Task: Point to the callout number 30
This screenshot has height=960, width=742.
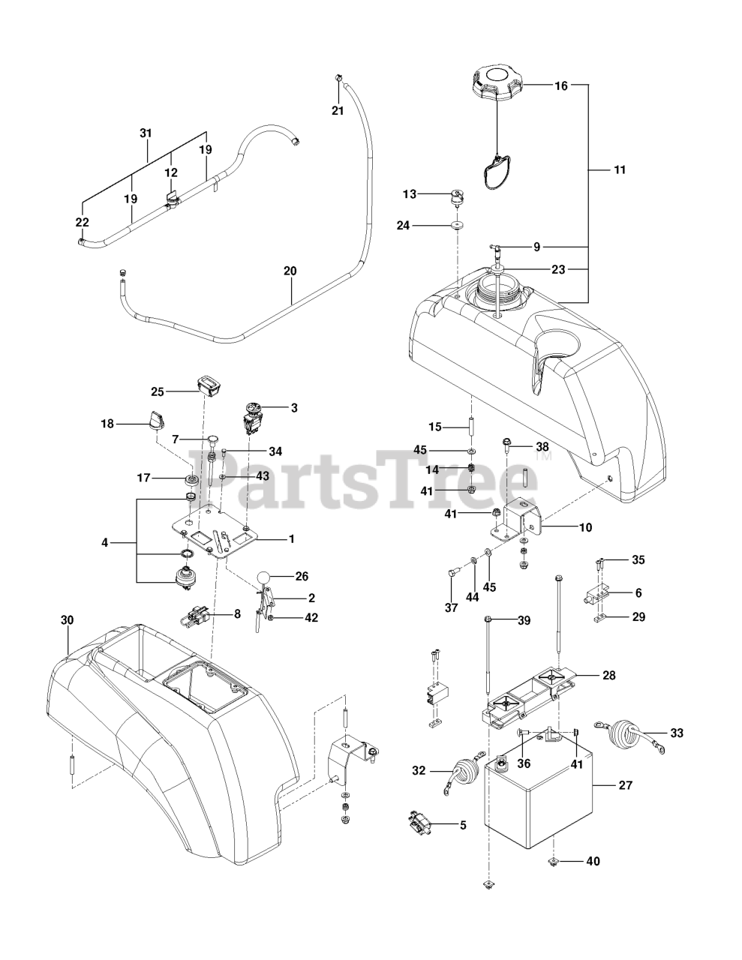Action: [x=68, y=620]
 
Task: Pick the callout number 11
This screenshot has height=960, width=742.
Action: [x=618, y=169]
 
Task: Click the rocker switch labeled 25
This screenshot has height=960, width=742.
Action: [x=210, y=385]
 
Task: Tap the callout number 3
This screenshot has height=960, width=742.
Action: [x=294, y=408]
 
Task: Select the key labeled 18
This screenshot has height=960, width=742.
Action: [x=157, y=420]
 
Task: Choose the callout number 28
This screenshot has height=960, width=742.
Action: [x=608, y=675]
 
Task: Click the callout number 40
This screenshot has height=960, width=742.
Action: [x=593, y=861]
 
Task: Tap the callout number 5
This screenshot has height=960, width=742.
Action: [x=463, y=826]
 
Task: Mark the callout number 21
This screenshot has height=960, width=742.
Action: [x=338, y=111]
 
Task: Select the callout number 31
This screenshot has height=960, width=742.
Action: [x=146, y=133]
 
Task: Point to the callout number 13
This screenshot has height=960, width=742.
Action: [x=409, y=193]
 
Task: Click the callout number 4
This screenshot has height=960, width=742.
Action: [x=104, y=541]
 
